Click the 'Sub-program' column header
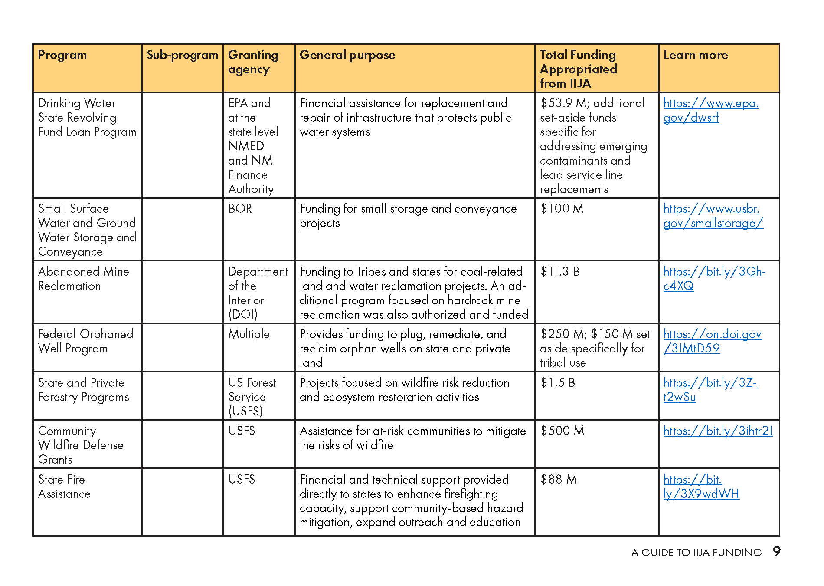click(x=182, y=55)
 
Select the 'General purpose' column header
click(x=347, y=55)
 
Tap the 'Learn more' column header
click(x=695, y=55)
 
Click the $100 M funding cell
click(x=562, y=209)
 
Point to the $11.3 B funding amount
click(x=560, y=272)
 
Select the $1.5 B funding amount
click(x=558, y=383)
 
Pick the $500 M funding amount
click(x=562, y=431)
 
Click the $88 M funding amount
click(x=559, y=480)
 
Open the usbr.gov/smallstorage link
click(x=713, y=216)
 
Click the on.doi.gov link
click(x=712, y=341)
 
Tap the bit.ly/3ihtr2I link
click(x=718, y=431)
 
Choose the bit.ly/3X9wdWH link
click(x=701, y=487)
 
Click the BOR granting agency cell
click(x=240, y=209)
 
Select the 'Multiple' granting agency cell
click(x=249, y=334)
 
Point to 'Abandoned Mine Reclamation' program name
click(x=83, y=279)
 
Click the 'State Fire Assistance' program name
click(x=64, y=487)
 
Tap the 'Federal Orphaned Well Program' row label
click(x=85, y=341)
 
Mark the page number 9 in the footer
click(x=776, y=551)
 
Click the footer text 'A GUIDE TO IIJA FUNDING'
click(x=696, y=553)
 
